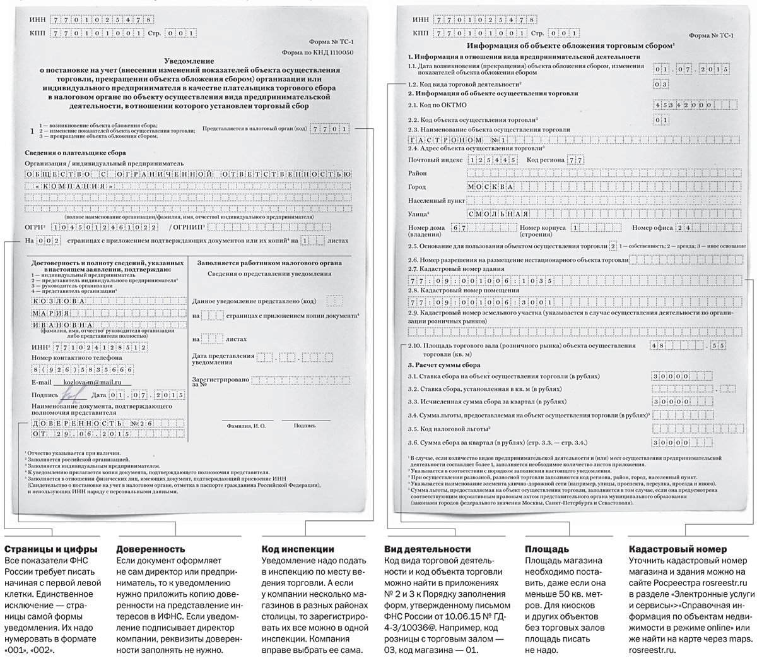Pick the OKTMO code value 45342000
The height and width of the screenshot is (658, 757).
click(684, 105)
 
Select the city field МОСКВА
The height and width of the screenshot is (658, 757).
click(491, 187)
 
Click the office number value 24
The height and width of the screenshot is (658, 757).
click(686, 227)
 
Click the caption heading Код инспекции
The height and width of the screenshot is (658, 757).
click(298, 549)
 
